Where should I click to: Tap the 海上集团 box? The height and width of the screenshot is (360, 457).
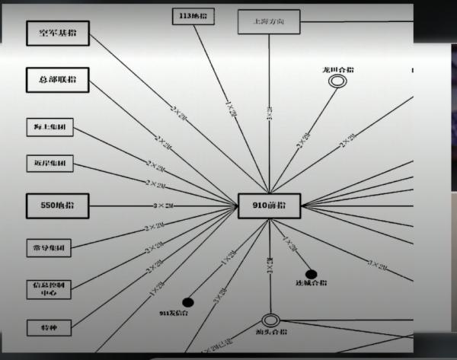tap(50, 129)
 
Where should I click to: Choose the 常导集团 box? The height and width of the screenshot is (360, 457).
tap(50, 247)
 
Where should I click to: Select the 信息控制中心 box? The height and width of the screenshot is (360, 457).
tap(50, 288)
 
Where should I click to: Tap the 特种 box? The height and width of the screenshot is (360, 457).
tap(50, 327)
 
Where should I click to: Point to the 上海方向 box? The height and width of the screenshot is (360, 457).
tap(269, 22)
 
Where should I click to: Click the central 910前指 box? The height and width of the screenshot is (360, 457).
tap(269, 205)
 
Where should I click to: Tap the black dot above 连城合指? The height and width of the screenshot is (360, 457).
tap(311, 274)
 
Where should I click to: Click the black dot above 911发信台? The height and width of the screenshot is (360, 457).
tap(187, 302)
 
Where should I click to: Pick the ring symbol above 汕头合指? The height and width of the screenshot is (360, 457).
tap(270, 320)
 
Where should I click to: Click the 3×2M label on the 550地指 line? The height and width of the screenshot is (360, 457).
tap(165, 205)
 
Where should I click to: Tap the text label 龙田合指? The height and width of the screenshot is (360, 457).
tap(338, 69)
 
